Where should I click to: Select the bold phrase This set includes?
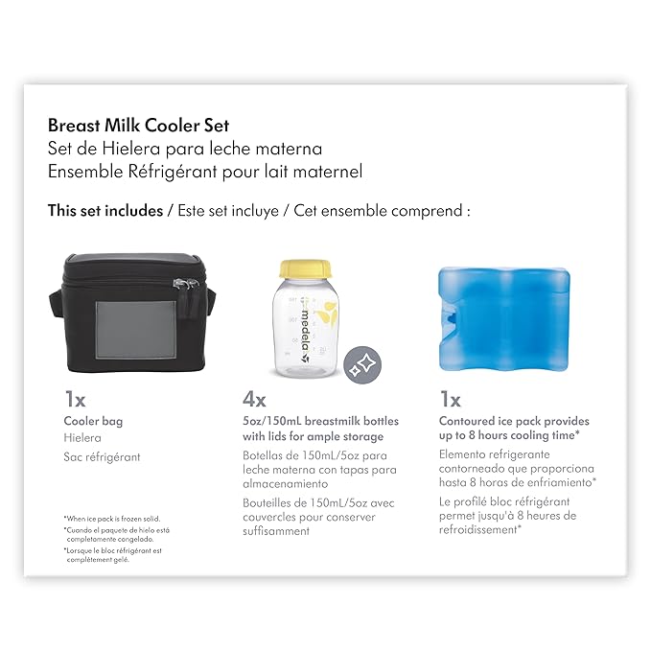pos(105,211)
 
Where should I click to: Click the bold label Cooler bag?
pos(93,421)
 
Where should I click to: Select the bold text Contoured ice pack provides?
pos(513,421)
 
